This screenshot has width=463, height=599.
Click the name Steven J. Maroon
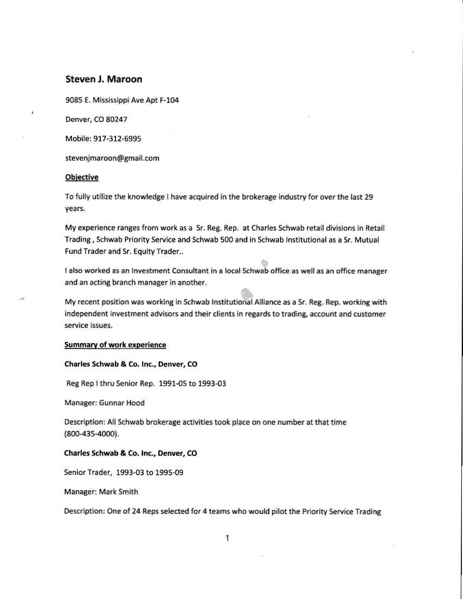pyautogui.click(x=103, y=80)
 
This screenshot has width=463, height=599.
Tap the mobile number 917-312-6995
pyautogui.click(x=117, y=139)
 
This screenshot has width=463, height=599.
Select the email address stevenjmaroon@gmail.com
pyautogui.click(x=112, y=158)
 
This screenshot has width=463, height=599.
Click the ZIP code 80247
pyautogui.click(x=117, y=119)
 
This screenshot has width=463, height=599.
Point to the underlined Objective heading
pyautogui.click(x=81, y=177)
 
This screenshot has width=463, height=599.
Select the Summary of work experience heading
pyautogui.click(x=115, y=345)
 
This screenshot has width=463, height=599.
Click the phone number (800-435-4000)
pyautogui.click(x=92, y=434)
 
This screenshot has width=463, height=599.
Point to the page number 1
pyautogui.click(x=227, y=539)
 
